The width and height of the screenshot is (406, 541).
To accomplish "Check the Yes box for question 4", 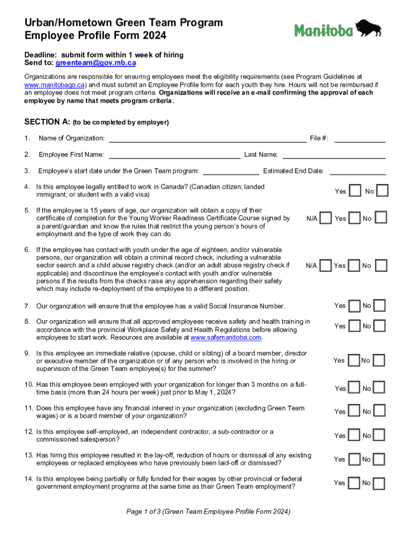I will [355, 191].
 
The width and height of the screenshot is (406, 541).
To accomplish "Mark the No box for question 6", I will [381, 265].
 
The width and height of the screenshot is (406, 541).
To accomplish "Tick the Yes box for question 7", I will [355, 305].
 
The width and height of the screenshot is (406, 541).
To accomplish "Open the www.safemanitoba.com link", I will [226, 337].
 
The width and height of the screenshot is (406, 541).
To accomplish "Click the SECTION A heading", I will [47, 122].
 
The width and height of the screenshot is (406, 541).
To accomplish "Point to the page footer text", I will [208, 511].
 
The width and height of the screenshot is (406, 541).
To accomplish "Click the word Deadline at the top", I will [41, 55].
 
